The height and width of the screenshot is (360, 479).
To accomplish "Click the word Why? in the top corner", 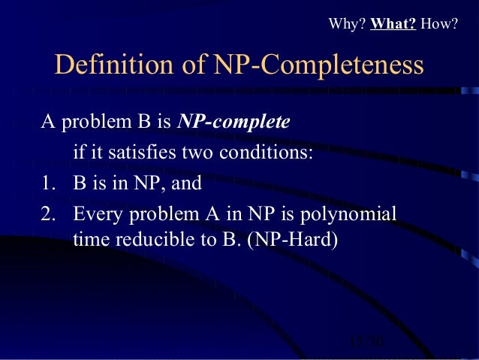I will click(347, 24).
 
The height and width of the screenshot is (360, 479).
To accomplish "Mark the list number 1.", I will click(50, 184).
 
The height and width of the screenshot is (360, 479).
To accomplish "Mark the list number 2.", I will click(50, 215).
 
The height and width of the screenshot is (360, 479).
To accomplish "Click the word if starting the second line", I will click(77, 154).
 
